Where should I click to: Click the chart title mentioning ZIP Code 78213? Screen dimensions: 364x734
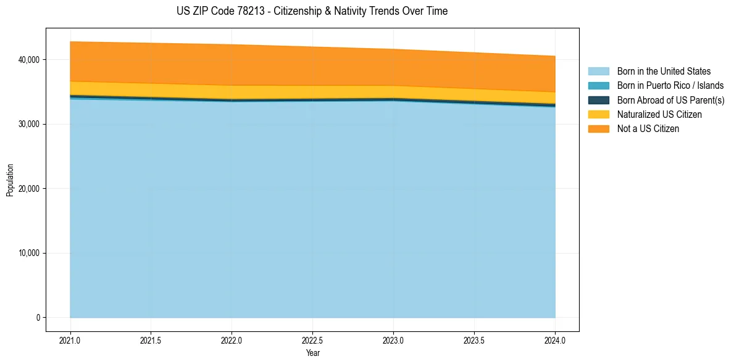point(312,11)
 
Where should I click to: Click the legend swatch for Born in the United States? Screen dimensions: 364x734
point(598,72)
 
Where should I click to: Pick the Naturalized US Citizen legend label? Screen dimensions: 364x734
point(659,115)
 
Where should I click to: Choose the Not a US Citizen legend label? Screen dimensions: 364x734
point(648,129)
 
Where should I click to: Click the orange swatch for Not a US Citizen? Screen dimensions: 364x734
point(598,129)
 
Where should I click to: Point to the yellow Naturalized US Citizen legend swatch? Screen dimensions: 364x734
point(598,115)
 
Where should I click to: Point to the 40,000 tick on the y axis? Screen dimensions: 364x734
point(28,60)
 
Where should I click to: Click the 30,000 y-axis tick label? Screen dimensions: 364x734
point(28,124)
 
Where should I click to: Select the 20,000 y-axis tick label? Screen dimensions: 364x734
point(28,189)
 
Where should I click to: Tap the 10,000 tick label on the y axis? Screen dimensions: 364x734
point(28,253)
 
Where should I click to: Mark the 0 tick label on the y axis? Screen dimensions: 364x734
point(38,318)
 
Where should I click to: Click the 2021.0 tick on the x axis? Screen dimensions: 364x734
point(70,340)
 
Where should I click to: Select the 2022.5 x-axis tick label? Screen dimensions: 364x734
point(312,340)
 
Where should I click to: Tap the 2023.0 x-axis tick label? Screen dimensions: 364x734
point(393,340)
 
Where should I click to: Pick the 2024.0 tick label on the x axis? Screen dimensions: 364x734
point(555,340)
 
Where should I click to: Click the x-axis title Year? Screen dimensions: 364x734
point(312,353)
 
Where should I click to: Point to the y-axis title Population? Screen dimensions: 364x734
point(10,180)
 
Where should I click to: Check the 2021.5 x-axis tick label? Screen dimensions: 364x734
point(151,340)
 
